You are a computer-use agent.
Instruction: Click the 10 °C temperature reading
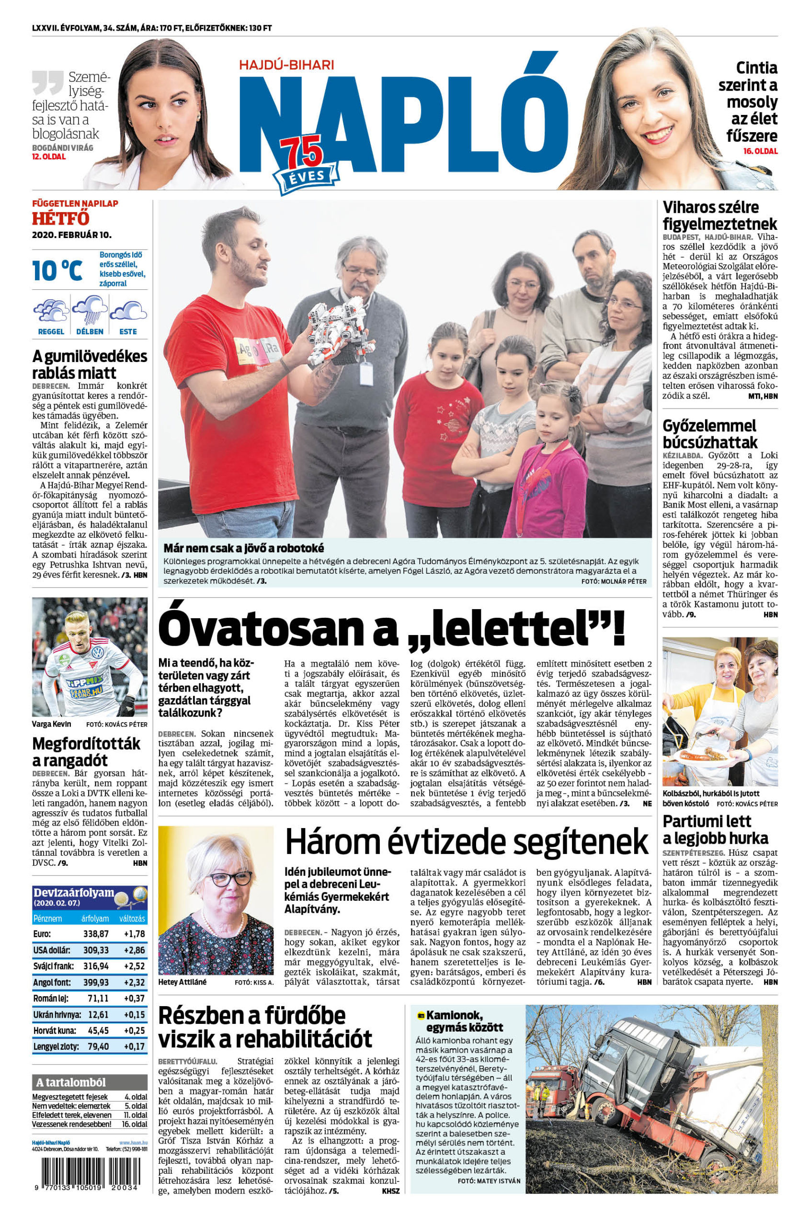click(x=57, y=271)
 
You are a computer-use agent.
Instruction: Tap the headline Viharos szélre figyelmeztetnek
click(x=719, y=216)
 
